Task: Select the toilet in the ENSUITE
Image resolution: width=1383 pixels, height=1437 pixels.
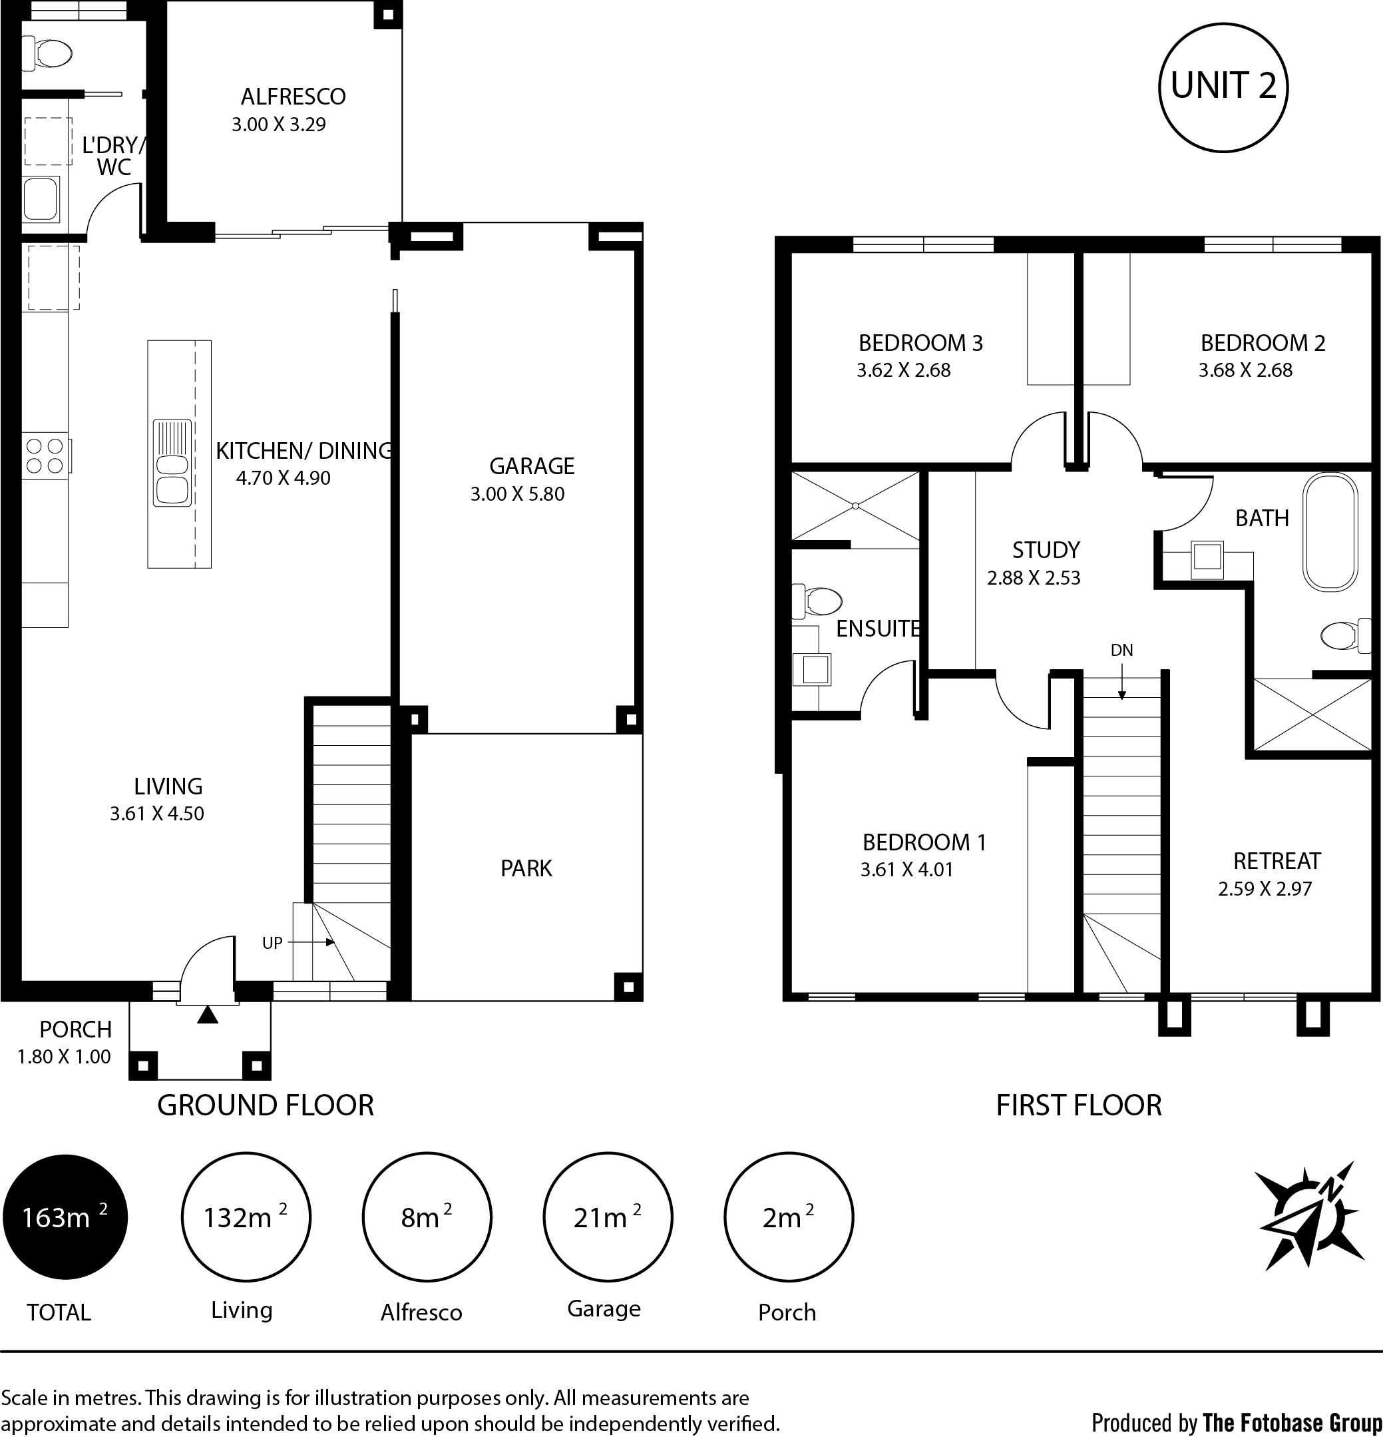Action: [x=819, y=601]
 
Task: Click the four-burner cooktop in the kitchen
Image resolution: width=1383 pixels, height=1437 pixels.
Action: [x=45, y=455]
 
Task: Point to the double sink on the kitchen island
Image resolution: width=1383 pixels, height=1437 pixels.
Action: [x=172, y=463]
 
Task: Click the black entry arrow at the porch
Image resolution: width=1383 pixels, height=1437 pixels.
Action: [x=208, y=1015]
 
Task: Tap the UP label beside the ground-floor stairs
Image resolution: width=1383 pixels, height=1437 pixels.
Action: [x=272, y=943]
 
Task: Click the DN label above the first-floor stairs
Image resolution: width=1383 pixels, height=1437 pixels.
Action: [x=1121, y=651]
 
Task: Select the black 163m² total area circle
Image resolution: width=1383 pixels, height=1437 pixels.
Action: [x=65, y=1218]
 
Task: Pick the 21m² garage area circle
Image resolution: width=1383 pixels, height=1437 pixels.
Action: [x=608, y=1218]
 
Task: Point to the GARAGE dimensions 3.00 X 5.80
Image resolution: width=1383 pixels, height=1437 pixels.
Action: [x=517, y=494]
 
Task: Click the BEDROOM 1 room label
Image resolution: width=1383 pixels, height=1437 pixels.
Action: [x=924, y=842]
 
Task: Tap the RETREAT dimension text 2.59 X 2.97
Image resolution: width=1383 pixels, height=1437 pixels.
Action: [x=1265, y=888]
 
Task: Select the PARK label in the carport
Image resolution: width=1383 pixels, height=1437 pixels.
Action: [x=526, y=869]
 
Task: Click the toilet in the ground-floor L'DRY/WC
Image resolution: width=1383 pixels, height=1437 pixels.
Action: [x=48, y=53]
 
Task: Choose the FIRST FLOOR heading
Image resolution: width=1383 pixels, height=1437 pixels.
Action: [x=1079, y=1105]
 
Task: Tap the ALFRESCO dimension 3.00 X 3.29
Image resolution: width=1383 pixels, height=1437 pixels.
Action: [x=278, y=125]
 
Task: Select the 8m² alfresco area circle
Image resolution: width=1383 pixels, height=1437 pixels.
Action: [x=427, y=1218]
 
